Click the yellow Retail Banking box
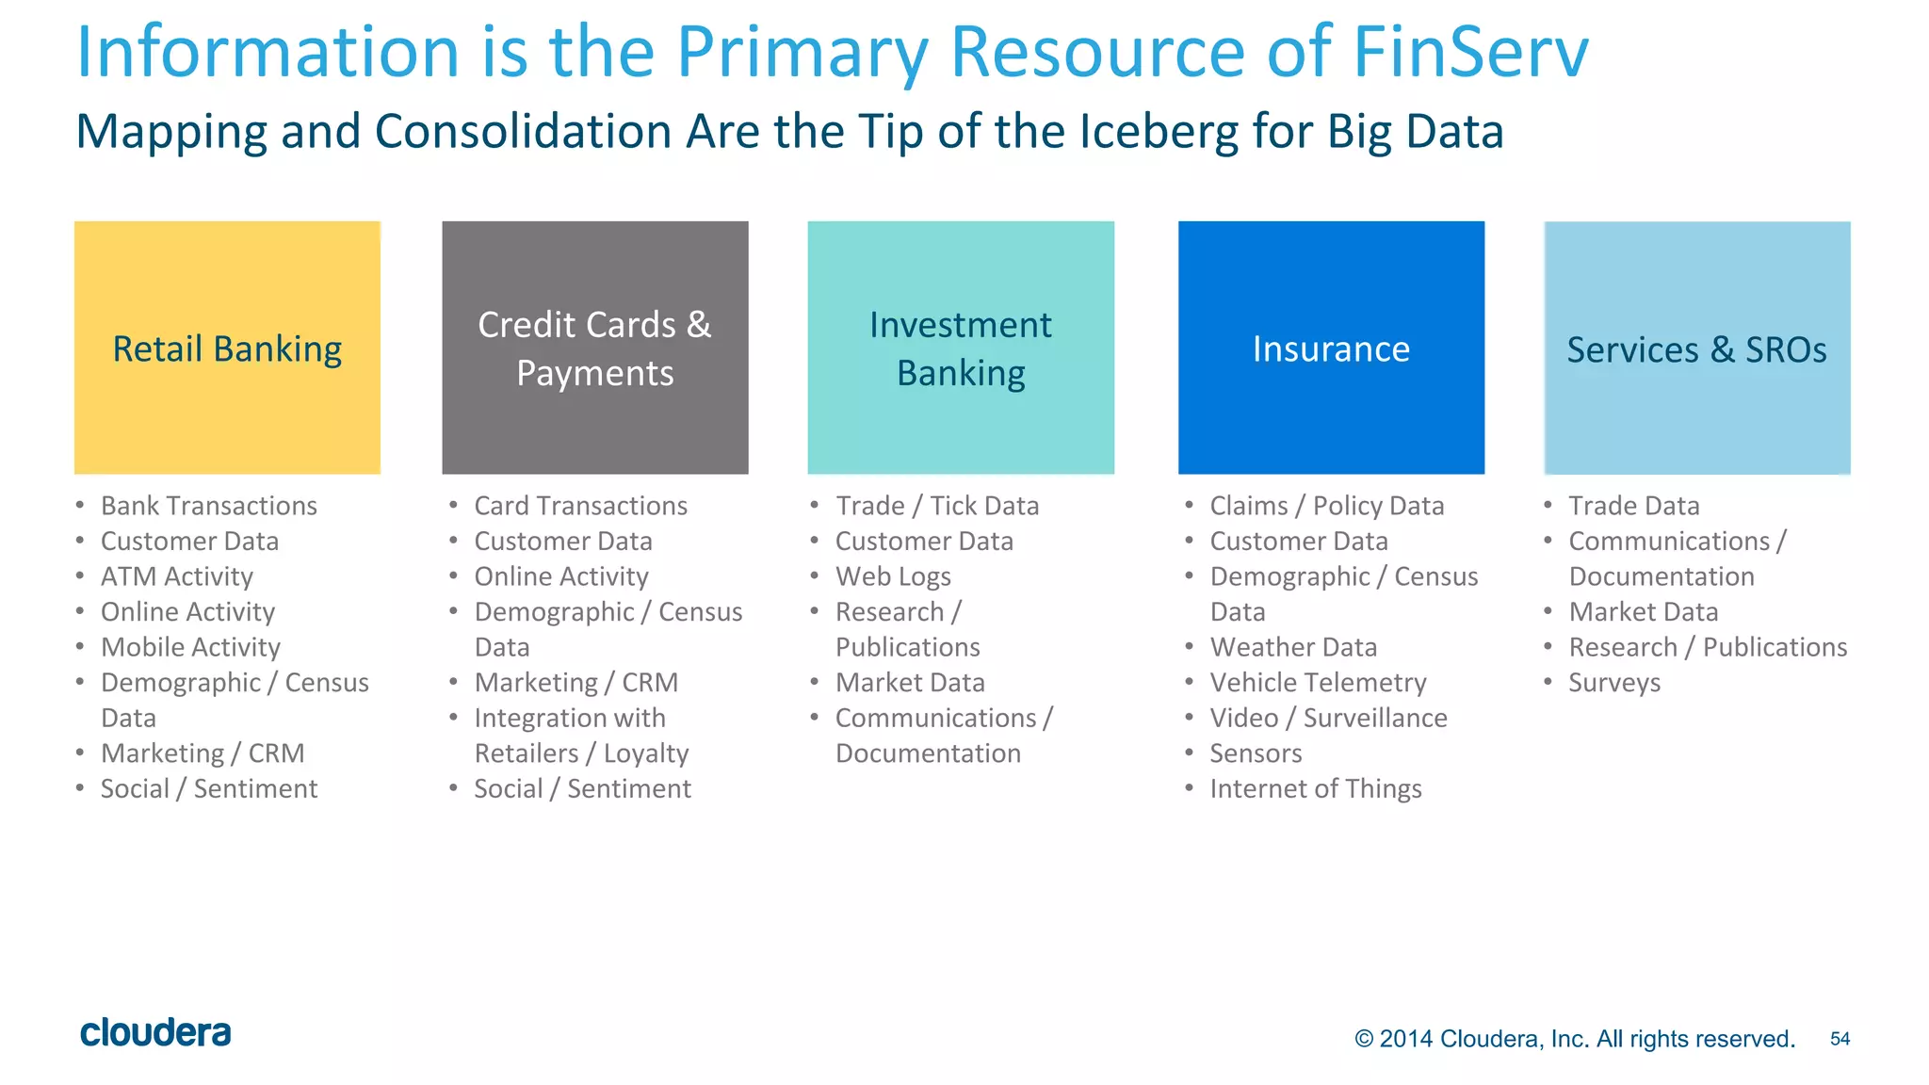coord(227,348)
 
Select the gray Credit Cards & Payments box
coord(594,348)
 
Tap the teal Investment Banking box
coord(960,348)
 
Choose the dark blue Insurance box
coord(1330,348)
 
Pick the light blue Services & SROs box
coord(1696,348)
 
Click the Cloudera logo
coord(155,1032)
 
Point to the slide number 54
coord(1840,1039)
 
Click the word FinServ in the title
coord(1470,52)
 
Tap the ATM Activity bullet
coord(177,576)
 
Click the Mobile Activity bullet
coord(190,647)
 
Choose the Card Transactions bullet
coord(580,506)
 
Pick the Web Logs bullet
coord(893,576)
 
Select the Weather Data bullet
coord(1293,647)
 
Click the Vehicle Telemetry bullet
coord(1318,682)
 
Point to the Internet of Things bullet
coord(1316,788)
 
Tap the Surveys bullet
coord(1614,682)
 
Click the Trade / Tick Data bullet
coord(937,506)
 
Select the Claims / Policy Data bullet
coord(1326,506)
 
